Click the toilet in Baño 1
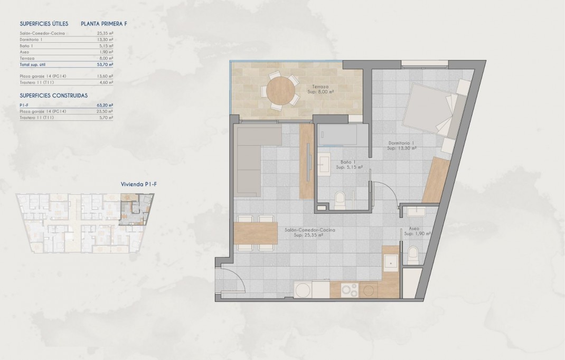tap(341, 198)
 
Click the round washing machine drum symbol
tap(303, 290)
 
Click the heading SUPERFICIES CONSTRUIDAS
tap(53, 96)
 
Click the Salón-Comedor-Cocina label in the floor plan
tap(309, 230)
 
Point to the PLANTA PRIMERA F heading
tap(104, 24)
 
